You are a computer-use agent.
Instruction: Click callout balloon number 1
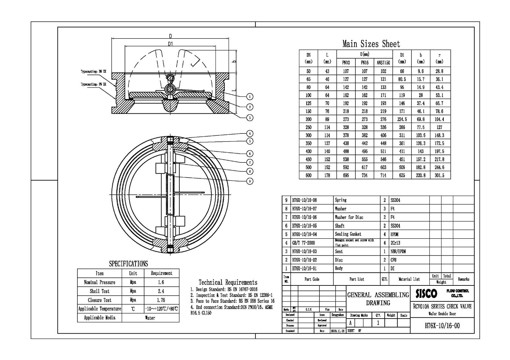pos(250,97)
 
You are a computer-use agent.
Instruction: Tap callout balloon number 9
pos(250,181)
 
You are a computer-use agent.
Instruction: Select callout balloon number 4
pos(250,133)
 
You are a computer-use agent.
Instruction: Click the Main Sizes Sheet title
pos(371,44)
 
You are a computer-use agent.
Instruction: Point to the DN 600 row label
pos(308,175)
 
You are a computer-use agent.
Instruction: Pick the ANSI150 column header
pos(383,63)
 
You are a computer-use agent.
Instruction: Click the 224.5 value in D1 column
pos(402,119)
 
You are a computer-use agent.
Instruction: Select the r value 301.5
pos(439,175)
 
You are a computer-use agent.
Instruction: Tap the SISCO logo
pos(426,293)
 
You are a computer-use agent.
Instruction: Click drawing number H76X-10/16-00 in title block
pos(442,326)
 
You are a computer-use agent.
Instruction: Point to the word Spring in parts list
pos(340,200)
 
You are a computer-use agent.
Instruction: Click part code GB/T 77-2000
pos(303,243)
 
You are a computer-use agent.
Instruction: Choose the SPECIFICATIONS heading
pos(128,264)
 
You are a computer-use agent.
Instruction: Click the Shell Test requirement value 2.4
pos(161,291)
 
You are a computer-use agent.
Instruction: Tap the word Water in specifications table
pos(150,318)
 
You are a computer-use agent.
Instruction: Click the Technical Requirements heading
pos(228,282)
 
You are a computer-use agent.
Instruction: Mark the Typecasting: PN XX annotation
pos(93,84)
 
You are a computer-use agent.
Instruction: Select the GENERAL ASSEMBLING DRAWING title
pos(378,299)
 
